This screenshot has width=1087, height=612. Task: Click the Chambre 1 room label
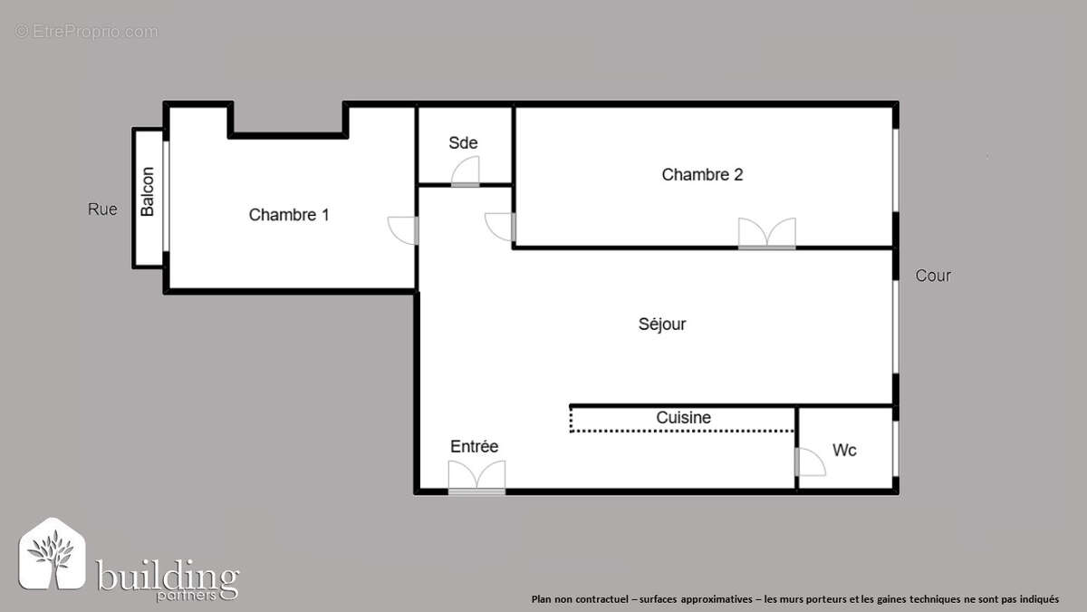(x=289, y=215)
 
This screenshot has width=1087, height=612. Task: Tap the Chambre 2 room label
(x=702, y=174)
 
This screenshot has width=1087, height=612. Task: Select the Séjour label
(x=662, y=324)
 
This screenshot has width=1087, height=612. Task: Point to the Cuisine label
(x=683, y=418)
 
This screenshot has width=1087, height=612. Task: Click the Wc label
(x=844, y=450)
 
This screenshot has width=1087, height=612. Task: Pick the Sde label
(x=463, y=143)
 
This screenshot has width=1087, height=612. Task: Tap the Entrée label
(x=475, y=447)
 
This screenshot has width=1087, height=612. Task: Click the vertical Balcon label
(x=148, y=191)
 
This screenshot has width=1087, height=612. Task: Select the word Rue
(x=102, y=209)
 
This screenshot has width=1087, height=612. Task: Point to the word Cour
(x=933, y=276)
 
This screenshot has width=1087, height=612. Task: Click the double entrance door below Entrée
(x=476, y=477)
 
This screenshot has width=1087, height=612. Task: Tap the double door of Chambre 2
(x=766, y=234)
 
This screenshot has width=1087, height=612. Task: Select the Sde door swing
(x=466, y=172)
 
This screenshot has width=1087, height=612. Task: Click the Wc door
(x=810, y=461)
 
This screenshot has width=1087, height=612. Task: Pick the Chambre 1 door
(x=403, y=230)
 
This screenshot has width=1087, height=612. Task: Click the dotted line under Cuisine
(x=683, y=432)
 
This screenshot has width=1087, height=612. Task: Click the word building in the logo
(x=168, y=576)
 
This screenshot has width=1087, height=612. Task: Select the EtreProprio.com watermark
(x=86, y=32)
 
